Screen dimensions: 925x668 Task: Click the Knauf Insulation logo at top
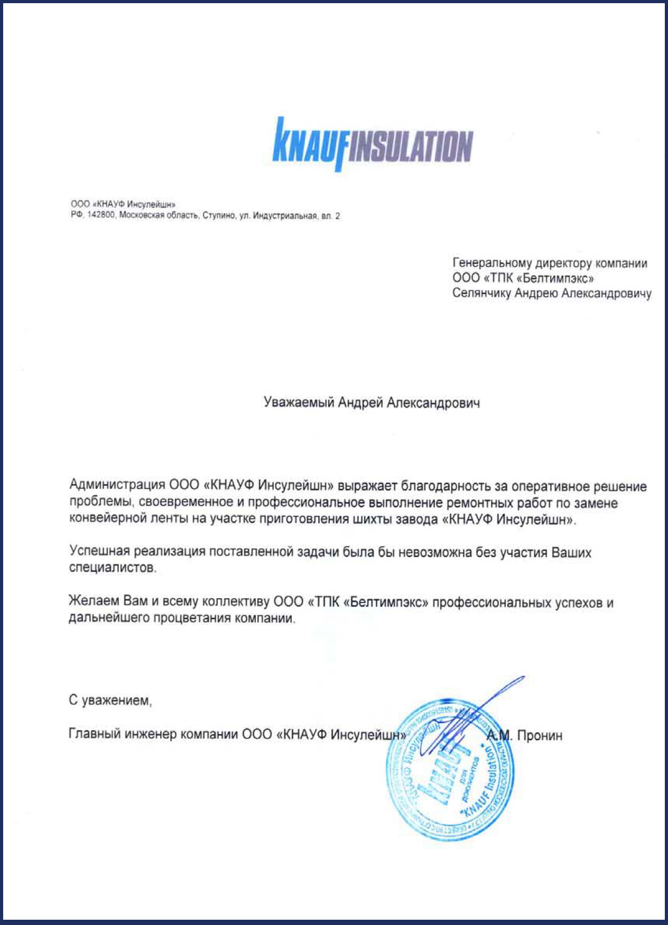click(372, 144)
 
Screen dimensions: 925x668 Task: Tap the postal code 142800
click(100, 215)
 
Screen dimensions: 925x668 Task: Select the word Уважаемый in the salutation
click(299, 403)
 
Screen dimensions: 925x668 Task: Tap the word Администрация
click(117, 485)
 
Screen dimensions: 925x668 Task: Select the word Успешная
click(99, 552)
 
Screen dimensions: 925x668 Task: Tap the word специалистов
click(113, 568)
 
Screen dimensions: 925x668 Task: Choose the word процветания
click(192, 618)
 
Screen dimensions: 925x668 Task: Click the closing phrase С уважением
click(110, 701)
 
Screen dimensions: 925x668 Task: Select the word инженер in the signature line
click(152, 734)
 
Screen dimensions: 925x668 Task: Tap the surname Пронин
click(540, 735)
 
